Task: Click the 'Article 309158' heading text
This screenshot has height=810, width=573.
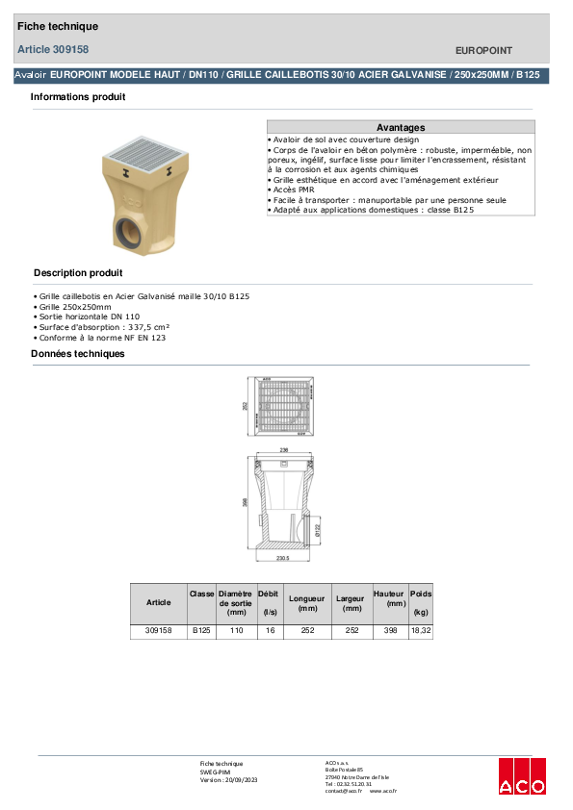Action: [x=54, y=49]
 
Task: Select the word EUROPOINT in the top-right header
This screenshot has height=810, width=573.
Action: [x=483, y=50]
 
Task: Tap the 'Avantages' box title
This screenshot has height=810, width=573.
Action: [x=401, y=127]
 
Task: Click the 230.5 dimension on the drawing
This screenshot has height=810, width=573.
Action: [x=283, y=557]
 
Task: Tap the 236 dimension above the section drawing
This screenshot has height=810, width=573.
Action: [x=283, y=449]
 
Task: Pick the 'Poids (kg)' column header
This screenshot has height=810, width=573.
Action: [x=421, y=603]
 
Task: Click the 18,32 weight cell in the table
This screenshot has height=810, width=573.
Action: [x=421, y=631]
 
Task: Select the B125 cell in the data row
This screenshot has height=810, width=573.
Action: [x=201, y=631]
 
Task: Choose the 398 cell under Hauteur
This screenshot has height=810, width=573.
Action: [x=388, y=631]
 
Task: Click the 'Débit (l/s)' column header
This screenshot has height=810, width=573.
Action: [x=269, y=603]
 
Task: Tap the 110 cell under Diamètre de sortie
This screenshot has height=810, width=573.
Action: [x=235, y=631]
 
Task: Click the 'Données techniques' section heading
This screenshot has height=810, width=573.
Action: [x=78, y=354]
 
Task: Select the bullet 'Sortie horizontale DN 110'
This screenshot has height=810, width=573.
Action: [x=89, y=316]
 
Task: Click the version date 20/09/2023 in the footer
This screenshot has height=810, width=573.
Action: [x=240, y=779]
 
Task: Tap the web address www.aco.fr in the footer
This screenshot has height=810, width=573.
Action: [x=383, y=790]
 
